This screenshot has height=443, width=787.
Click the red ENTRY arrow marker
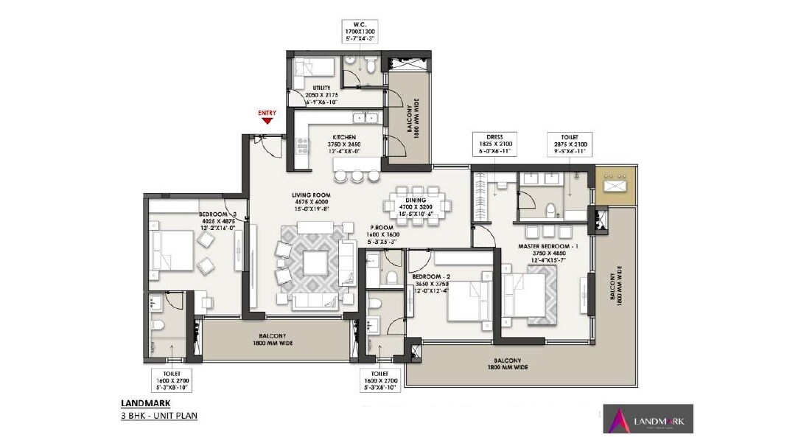click(267, 121)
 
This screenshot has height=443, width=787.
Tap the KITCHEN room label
click(345, 137)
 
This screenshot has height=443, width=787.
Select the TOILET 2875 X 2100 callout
click(568, 144)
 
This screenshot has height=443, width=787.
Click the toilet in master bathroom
click(548, 210)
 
